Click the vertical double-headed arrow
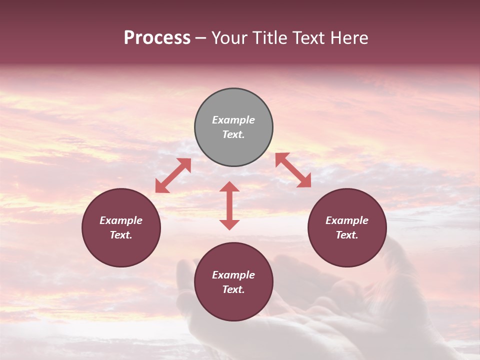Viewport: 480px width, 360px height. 229,205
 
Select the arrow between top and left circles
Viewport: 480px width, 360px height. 173,175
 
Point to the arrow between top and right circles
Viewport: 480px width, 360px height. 293,170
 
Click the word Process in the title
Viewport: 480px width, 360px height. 157,38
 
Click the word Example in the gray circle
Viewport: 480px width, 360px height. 233,120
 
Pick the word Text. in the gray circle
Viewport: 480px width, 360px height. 233,134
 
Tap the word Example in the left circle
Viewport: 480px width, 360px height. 121,220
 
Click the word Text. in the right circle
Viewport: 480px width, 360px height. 347,235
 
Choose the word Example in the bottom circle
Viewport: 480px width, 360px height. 233,275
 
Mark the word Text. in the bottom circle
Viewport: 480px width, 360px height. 233,289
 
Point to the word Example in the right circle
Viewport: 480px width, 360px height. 347,220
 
